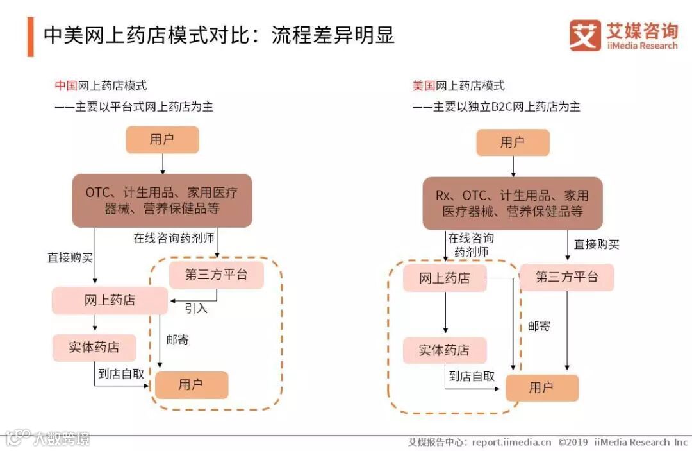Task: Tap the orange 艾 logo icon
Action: [585, 35]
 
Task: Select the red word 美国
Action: [424, 86]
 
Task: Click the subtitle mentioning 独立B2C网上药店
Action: [497, 106]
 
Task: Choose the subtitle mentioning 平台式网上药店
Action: [134, 106]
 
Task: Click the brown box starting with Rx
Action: [512, 203]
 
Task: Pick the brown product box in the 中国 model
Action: [161, 200]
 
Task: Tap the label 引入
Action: [196, 308]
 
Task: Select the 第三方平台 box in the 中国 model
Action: [216, 275]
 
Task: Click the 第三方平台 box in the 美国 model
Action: [566, 277]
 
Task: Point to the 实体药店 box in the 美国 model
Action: [444, 350]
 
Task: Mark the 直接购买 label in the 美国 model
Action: [597, 244]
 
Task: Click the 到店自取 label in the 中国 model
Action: [121, 373]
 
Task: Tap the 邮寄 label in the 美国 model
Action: [539, 326]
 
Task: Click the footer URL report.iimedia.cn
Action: [511, 442]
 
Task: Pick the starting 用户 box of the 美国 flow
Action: [513, 142]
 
